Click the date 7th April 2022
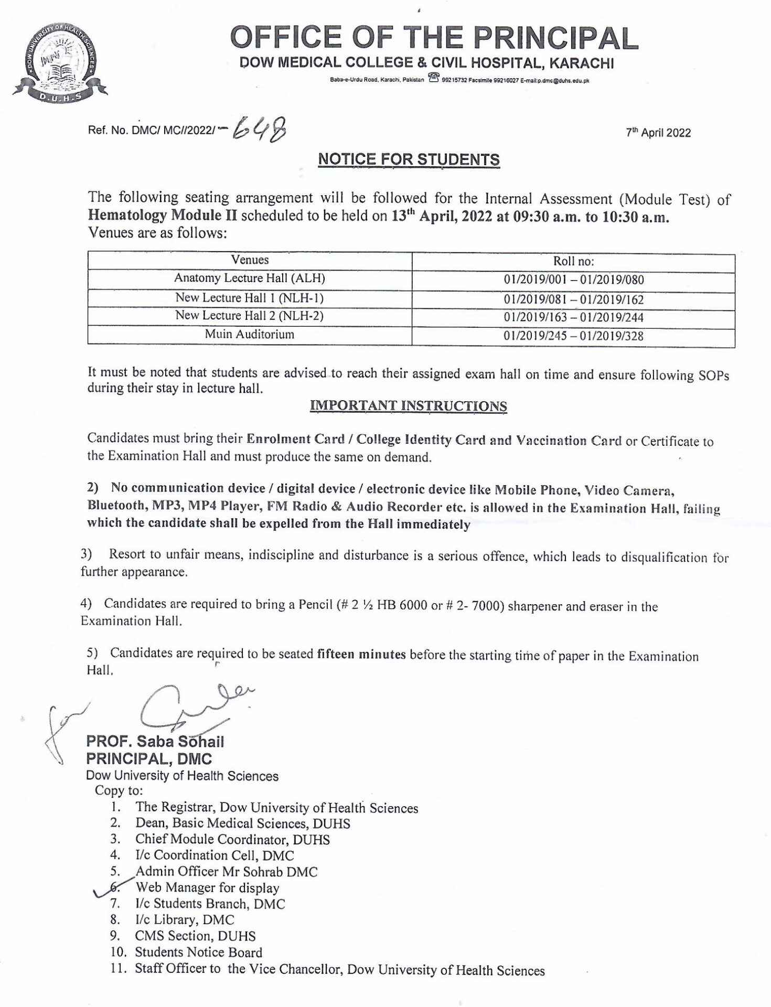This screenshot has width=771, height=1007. pos(658,132)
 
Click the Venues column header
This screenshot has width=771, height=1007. pos(250,260)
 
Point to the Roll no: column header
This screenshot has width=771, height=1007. pos(573,261)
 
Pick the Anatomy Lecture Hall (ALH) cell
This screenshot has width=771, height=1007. pos(250,278)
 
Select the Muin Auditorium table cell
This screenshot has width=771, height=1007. pos(250,334)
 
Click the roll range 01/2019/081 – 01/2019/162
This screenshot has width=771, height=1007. pos(573,299)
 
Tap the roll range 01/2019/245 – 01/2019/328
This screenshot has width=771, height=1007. pos(573,336)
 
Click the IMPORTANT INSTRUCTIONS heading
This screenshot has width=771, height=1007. pos(409,406)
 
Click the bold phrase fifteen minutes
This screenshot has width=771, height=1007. pos(361,654)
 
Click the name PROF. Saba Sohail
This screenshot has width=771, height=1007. pos(155,742)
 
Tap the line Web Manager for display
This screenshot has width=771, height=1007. pos(207,887)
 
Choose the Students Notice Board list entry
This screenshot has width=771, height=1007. pos(198,952)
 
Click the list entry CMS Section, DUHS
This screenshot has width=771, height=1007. pos(195,936)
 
